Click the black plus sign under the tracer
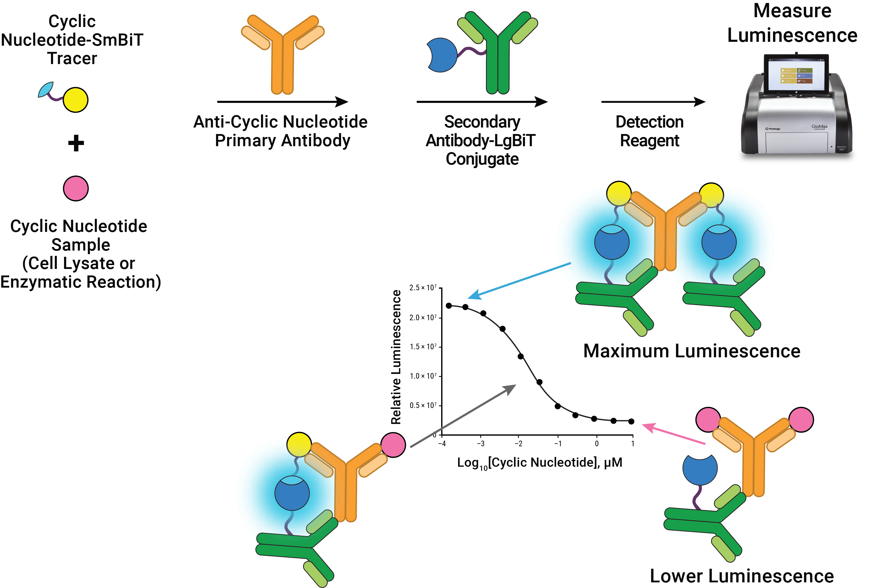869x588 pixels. (76, 143)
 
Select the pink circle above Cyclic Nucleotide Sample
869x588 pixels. (76, 188)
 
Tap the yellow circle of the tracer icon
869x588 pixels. (76, 100)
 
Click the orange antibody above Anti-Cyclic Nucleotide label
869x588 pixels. (283, 56)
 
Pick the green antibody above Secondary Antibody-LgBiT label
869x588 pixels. (498, 56)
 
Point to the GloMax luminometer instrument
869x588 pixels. (796, 112)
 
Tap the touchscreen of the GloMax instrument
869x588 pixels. (796, 75)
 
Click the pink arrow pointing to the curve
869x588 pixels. (673, 434)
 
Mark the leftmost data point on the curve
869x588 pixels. (449, 306)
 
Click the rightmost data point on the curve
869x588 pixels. (631, 421)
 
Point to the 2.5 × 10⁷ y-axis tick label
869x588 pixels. (423, 287)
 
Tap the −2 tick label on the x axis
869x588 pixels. (518, 444)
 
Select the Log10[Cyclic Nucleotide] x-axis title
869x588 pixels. (540, 463)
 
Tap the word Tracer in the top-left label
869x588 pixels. (72, 58)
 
